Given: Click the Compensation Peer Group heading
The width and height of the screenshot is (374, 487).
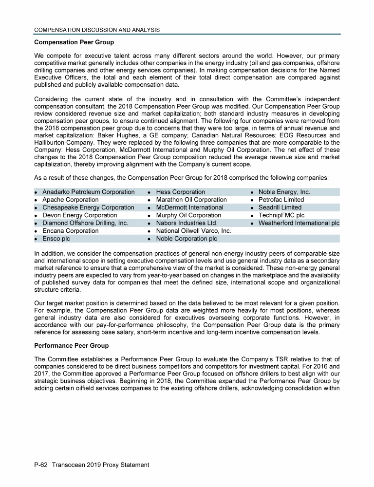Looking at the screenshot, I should pyautogui.click(x=74, y=42).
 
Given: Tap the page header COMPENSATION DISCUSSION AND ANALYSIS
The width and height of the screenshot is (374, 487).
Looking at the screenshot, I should pyautogui.click(x=97, y=30).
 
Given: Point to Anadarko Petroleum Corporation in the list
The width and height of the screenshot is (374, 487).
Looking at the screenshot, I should pyautogui.click(x=88, y=192).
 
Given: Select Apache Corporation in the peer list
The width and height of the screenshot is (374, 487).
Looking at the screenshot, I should pyautogui.click(x=70, y=200).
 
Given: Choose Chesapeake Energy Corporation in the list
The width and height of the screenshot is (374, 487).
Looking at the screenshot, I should pyautogui.click(x=88, y=207).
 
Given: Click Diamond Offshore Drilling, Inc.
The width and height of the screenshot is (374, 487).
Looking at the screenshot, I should pyautogui.click(x=85, y=223).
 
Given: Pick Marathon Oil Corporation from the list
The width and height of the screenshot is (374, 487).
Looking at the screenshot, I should pyautogui.click(x=191, y=200).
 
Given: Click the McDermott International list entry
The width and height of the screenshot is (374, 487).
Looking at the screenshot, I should pyautogui.click(x=189, y=207).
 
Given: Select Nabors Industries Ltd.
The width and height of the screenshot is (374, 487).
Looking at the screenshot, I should pyautogui.click(x=187, y=223).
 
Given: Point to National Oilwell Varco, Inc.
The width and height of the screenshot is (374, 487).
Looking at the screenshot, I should pyautogui.click(x=193, y=231).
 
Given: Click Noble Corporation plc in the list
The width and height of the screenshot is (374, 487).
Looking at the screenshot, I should pyautogui.click(x=187, y=239).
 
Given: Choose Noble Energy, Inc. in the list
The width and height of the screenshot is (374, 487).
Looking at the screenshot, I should pyautogui.click(x=284, y=192).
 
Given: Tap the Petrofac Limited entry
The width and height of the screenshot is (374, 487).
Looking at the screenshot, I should pyautogui.click(x=281, y=200).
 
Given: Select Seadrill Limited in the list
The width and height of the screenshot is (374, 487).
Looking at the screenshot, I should pyautogui.click(x=280, y=207).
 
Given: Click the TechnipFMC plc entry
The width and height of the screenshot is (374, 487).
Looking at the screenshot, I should pyautogui.click(x=281, y=215).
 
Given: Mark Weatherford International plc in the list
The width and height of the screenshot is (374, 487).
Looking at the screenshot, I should pyautogui.click(x=299, y=223).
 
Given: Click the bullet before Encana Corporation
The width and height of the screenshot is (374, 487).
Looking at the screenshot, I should pyautogui.click(x=36, y=231).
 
